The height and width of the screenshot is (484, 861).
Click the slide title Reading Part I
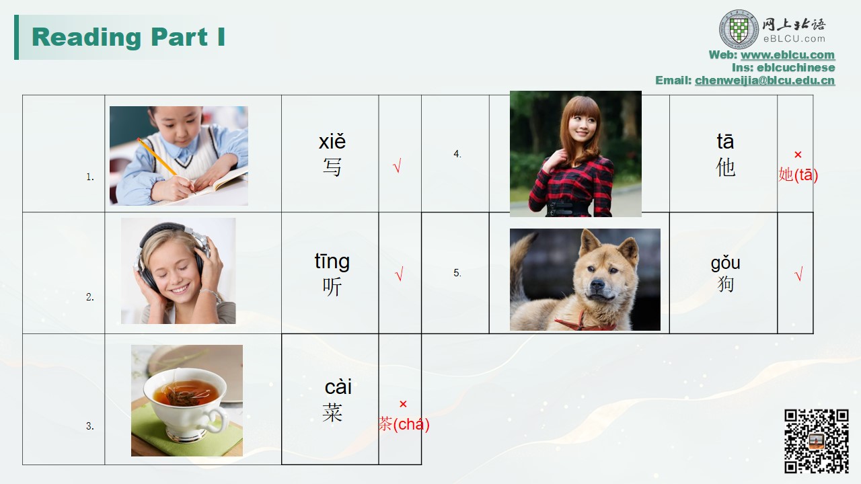tap(128, 37)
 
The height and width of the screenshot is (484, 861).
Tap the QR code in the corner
tap(817, 441)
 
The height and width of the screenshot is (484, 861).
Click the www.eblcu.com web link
tap(788, 55)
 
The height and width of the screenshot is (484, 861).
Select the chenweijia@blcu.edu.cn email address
tap(765, 80)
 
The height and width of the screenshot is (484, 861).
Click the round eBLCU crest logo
tap(739, 30)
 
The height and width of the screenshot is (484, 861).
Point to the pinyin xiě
tap(332, 141)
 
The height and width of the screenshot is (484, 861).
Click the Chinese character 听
tap(332, 286)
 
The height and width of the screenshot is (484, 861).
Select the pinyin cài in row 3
tap(338, 387)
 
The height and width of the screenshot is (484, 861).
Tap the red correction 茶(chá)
tap(404, 424)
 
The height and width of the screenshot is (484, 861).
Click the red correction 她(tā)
tap(798, 175)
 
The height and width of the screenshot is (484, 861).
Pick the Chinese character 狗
tap(725, 284)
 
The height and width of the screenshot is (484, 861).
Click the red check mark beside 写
tap(397, 165)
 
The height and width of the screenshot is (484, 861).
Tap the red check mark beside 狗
tap(798, 274)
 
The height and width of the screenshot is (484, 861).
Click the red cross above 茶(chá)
tap(403, 404)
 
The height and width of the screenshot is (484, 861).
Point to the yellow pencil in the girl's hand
tap(157, 157)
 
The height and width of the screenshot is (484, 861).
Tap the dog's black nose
tap(597, 284)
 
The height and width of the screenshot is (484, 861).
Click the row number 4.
tap(457, 154)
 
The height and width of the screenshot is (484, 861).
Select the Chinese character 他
tap(725, 167)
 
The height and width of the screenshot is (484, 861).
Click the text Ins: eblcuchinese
tap(784, 68)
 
